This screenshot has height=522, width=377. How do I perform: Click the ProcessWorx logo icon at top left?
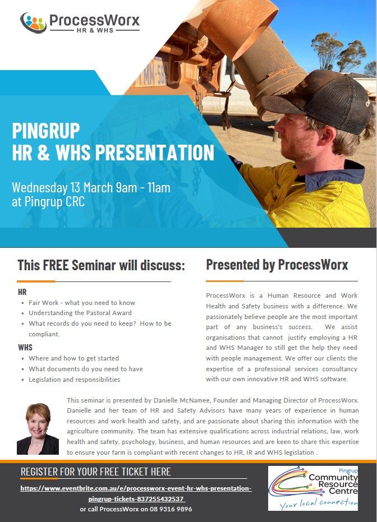[33, 22]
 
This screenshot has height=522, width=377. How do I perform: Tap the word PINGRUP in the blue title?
[46, 131]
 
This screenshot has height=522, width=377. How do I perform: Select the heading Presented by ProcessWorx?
[277, 265]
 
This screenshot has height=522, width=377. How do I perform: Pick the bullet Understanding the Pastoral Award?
[80, 313]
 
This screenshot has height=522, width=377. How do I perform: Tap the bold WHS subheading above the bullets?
[25, 348]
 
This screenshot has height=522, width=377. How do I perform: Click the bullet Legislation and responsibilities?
[74, 380]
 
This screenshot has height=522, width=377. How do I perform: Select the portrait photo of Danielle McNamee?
[38, 428]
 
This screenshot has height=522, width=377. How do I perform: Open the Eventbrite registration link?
[136, 493]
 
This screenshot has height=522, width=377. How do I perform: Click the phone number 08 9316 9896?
[167, 509]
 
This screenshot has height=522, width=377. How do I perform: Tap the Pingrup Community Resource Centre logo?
[312, 487]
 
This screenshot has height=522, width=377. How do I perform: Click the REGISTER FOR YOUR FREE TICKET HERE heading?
[95, 472]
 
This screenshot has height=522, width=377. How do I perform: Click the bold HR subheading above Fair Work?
[22, 292]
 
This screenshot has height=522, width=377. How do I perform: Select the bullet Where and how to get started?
[73, 358]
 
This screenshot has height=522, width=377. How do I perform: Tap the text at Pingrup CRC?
[48, 202]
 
